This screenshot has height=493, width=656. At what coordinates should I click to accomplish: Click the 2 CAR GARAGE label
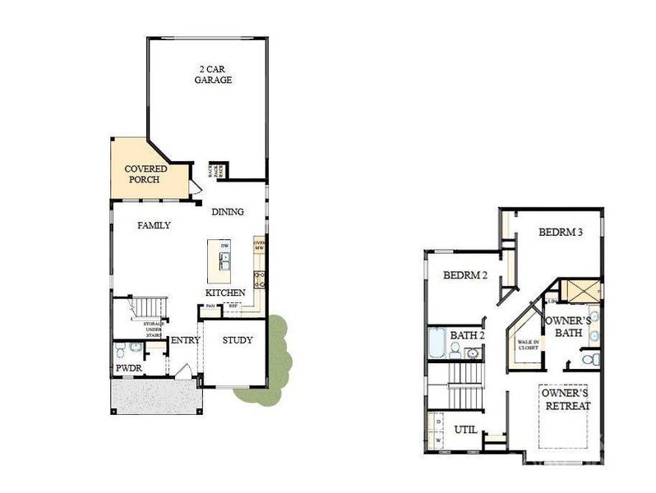(x=213, y=75)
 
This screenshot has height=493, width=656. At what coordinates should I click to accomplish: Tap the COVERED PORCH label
(x=146, y=174)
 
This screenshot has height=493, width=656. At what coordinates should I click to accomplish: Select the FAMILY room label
(x=154, y=225)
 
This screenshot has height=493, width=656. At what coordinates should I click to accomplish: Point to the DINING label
(x=228, y=212)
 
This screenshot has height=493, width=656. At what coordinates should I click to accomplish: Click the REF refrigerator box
(x=233, y=306)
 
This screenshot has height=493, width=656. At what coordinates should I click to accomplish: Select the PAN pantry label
(x=210, y=306)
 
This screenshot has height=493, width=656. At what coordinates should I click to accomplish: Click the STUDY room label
(x=238, y=340)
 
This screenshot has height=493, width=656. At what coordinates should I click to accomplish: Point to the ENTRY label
(x=184, y=341)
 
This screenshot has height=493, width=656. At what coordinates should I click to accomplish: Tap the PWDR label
(x=128, y=369)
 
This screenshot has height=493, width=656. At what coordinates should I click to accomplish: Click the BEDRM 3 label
(x=561, y=233)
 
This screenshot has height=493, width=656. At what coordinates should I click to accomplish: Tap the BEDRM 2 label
(x=466, y=275)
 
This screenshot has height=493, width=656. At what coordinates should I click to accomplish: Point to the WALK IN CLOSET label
(x=527, y=346)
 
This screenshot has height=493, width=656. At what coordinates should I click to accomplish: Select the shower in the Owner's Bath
(x=580, y=293)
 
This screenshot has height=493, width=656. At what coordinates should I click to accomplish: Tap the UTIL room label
(x=466, y=430)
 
